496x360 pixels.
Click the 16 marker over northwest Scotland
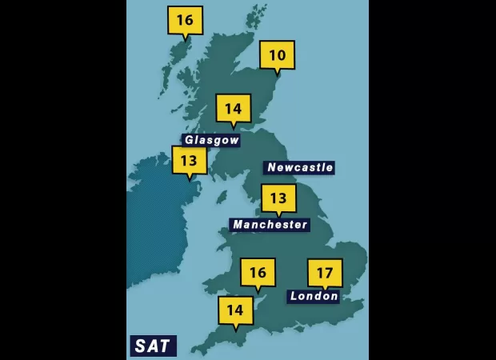tap(185, 20)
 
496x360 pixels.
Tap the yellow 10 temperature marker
tap(277, 54)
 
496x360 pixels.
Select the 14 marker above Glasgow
tap(233, 108)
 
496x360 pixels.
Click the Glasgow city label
tap(211, 140)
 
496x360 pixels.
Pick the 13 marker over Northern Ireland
tap(189, 160)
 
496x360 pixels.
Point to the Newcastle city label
tap(299, 167)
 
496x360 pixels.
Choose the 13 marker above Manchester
tap(278, 198)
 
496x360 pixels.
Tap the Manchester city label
tap(270, 225)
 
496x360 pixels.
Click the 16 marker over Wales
tap(258, 272)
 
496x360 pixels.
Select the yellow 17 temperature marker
tap(325, 273)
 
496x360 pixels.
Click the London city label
tap(314, 296)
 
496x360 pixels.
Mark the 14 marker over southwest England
tap(235, 310)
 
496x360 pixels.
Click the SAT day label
tap(152, 346)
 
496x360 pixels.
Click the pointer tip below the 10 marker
tap(277, 74)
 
